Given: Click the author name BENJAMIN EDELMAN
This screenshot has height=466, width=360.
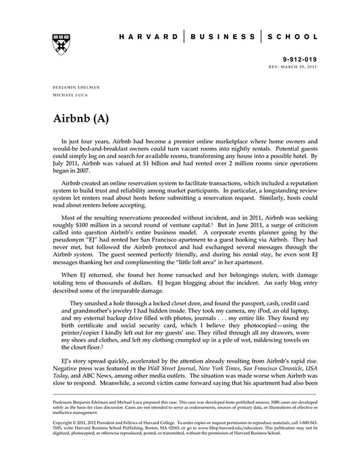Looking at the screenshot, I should (x=77, y=88).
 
